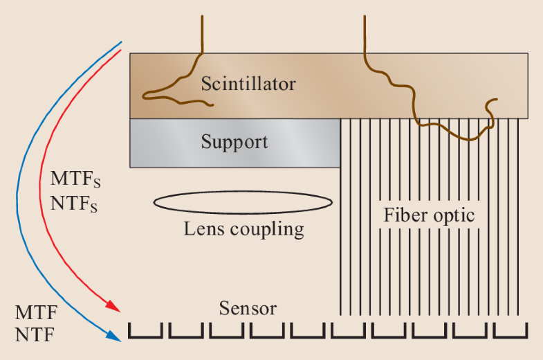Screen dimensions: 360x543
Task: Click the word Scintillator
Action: click(x=248, y=84)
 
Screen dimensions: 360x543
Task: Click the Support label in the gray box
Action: click(x=234, y=143)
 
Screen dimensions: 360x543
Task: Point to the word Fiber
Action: click(x=405, y=215)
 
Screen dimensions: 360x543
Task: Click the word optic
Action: click(x=453, y=216)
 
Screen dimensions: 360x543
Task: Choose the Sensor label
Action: click(x=248, y=308)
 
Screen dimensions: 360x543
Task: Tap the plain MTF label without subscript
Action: click(x=36, y=312)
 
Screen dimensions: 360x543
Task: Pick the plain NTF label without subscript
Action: click(x=35, y=335)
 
